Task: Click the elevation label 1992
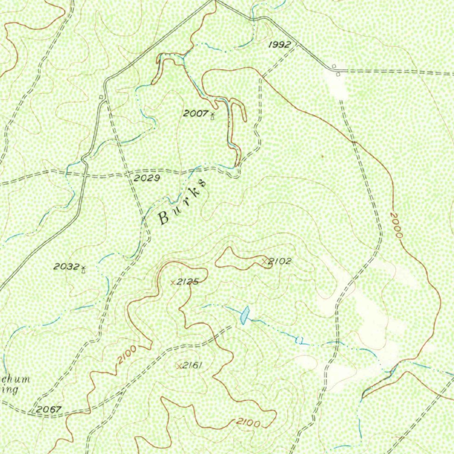tap(280, 44)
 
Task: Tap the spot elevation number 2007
tap(196, 113)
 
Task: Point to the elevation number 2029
tap(147, 178)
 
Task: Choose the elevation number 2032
tap(66, 266)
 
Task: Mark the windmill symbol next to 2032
tap(83, 268)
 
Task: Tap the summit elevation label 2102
tap(280, 261)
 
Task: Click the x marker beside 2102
tap(265, 261)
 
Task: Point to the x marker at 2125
tap(173, 282)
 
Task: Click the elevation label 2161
tap(192, 365)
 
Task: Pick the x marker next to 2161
tap(179, 366)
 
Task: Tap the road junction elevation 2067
tap(49, 409)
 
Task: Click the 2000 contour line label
tap(396, 225)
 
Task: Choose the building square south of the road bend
tap(338, 74)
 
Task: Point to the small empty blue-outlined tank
tap(299, 340)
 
